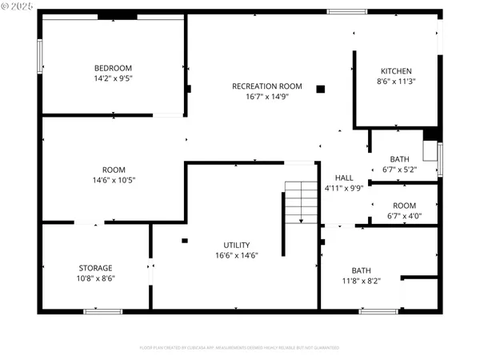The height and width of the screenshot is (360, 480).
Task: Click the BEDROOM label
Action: click(113, 68)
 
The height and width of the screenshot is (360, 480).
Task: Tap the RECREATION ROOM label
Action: click(266, 86)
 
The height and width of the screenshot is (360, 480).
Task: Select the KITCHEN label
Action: click(396, 71)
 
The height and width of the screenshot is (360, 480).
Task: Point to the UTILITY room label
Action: click(236, 245)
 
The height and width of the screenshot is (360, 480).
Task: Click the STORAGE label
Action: click(95, 268)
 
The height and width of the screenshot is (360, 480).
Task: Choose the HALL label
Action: click(344, 178)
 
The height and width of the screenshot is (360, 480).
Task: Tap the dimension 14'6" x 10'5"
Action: click(113, 180)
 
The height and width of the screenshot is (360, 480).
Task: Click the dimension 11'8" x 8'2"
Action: click(361, 281)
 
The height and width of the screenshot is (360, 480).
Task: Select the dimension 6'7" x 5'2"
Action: click(398, 170)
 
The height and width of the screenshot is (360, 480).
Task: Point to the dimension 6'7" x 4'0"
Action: click(403, 215)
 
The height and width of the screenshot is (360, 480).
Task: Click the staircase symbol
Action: click(302, 202)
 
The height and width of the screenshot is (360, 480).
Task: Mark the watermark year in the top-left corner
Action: click(23, 7)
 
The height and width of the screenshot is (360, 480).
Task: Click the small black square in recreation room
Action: click(321, 89)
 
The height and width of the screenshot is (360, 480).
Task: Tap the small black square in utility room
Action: click(185, 240)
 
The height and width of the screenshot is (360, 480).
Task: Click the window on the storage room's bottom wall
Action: click(102, 311)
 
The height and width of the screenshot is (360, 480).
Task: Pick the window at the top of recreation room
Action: click(346, 12)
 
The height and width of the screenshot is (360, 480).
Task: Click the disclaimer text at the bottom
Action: click(239, 348)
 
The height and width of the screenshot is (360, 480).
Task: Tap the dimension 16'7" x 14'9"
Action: click(266, 96)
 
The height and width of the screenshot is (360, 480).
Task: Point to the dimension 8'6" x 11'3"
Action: click(396, 81)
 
